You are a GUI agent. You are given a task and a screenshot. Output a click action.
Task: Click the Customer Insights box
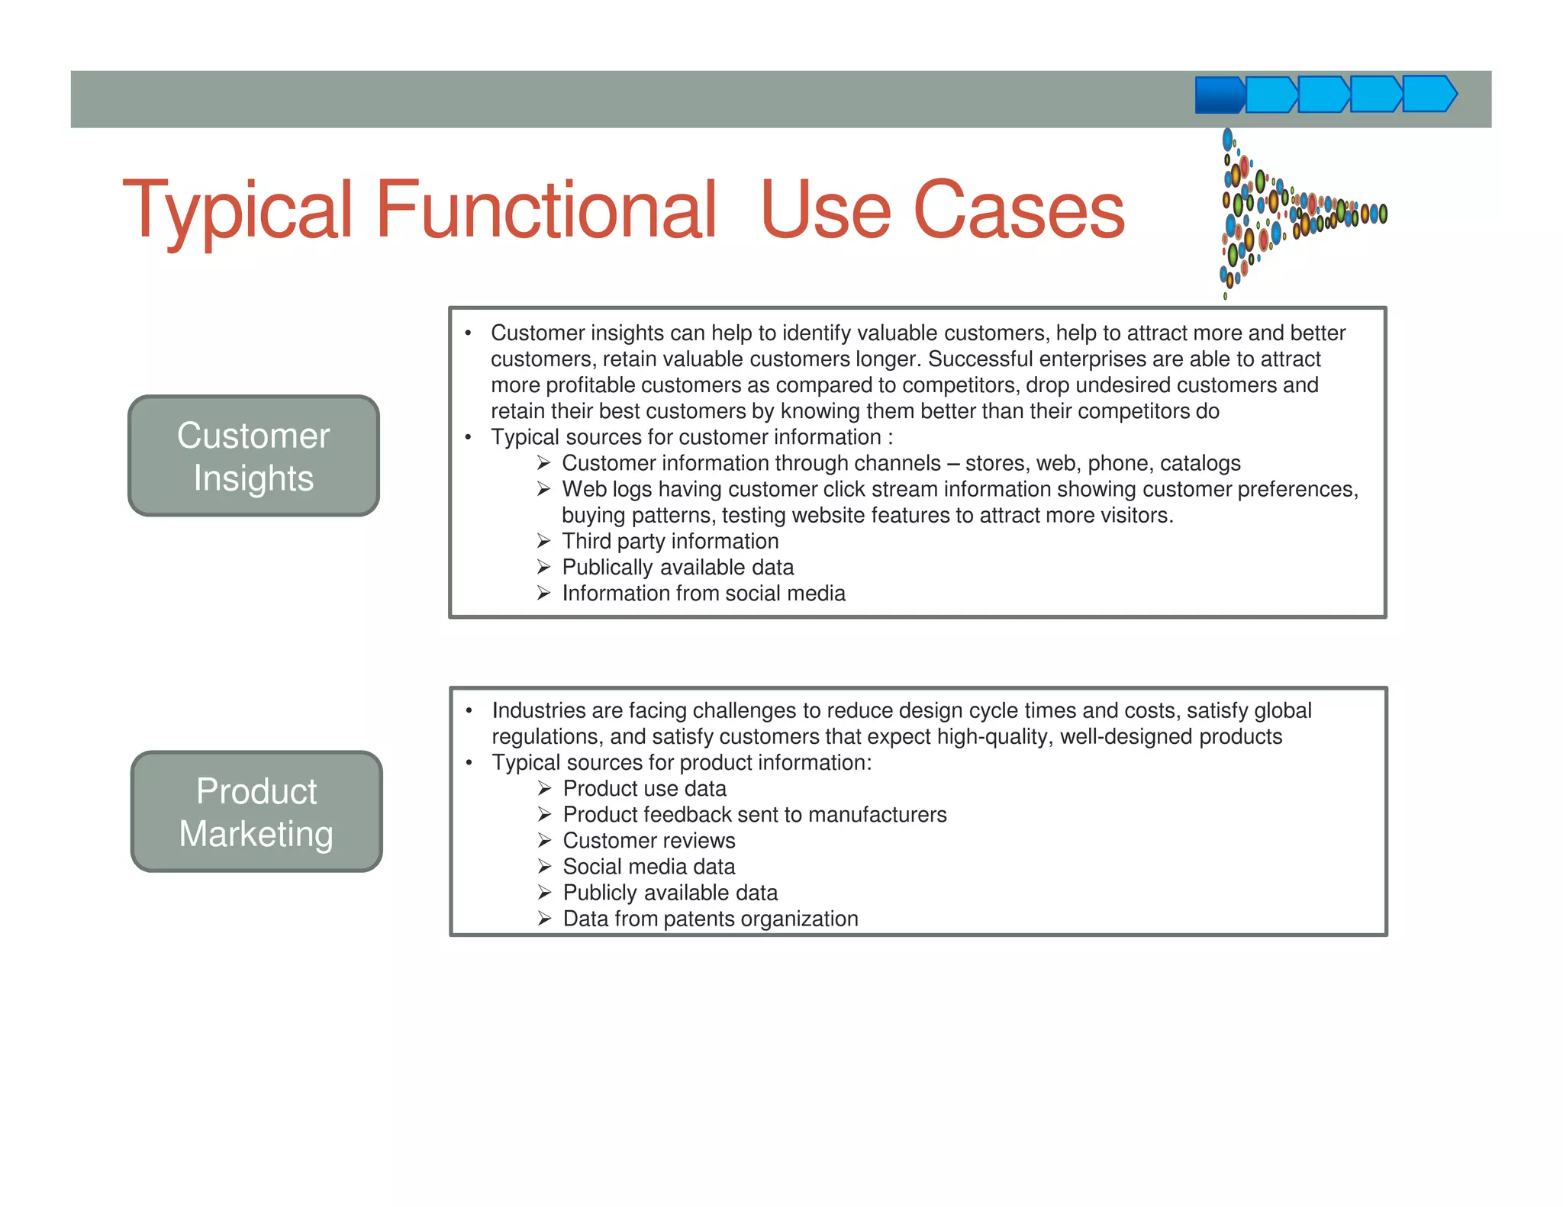(253, 455)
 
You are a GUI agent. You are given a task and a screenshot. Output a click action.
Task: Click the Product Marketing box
(256, 811)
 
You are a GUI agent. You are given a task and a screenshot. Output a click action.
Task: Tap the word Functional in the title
(546, 209)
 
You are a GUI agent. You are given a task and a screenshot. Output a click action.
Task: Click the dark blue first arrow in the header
(1219, 95)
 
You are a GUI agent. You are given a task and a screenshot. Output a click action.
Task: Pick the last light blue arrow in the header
(1429, 94)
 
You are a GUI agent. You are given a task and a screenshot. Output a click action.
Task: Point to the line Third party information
(670, 541)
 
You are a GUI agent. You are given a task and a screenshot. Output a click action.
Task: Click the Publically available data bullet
(678, 567)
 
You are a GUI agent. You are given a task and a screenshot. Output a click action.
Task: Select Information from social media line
(703, 593)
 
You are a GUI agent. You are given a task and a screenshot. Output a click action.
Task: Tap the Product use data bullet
(644, 788)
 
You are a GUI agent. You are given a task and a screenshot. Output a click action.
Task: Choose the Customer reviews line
(649, 840)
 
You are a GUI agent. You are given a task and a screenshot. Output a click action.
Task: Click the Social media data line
(649, 866)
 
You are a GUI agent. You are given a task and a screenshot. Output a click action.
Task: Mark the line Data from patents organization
(710, 918)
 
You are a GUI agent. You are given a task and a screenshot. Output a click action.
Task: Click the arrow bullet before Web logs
(543, 489)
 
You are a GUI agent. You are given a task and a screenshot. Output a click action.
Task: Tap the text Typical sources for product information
(681, 762)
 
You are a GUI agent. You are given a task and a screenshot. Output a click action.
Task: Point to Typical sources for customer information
(691, 437)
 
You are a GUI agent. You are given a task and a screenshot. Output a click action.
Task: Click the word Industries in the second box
(538, 710)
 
